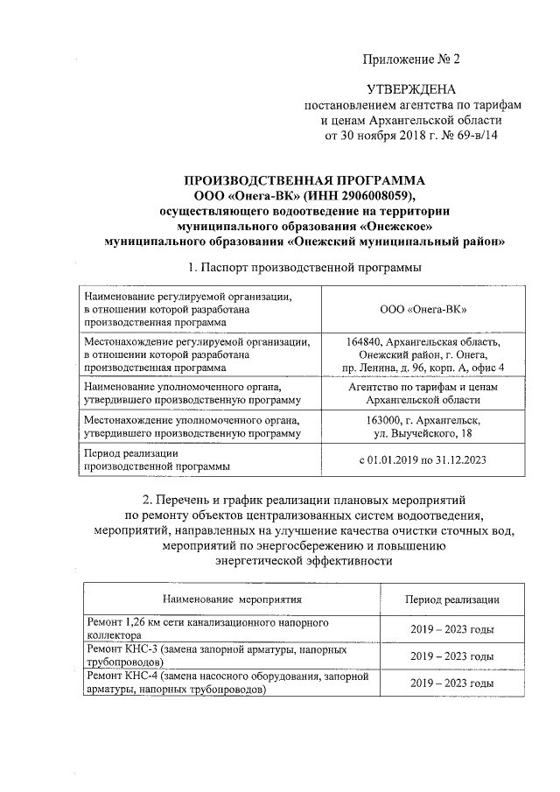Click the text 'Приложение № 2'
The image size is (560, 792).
coord(410,60)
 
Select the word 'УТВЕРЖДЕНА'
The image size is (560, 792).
coord(410,89)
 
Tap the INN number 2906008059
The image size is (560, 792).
coord(367,194)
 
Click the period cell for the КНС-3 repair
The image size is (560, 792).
coord(451,656)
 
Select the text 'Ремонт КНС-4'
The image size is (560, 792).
coord(122,676)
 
